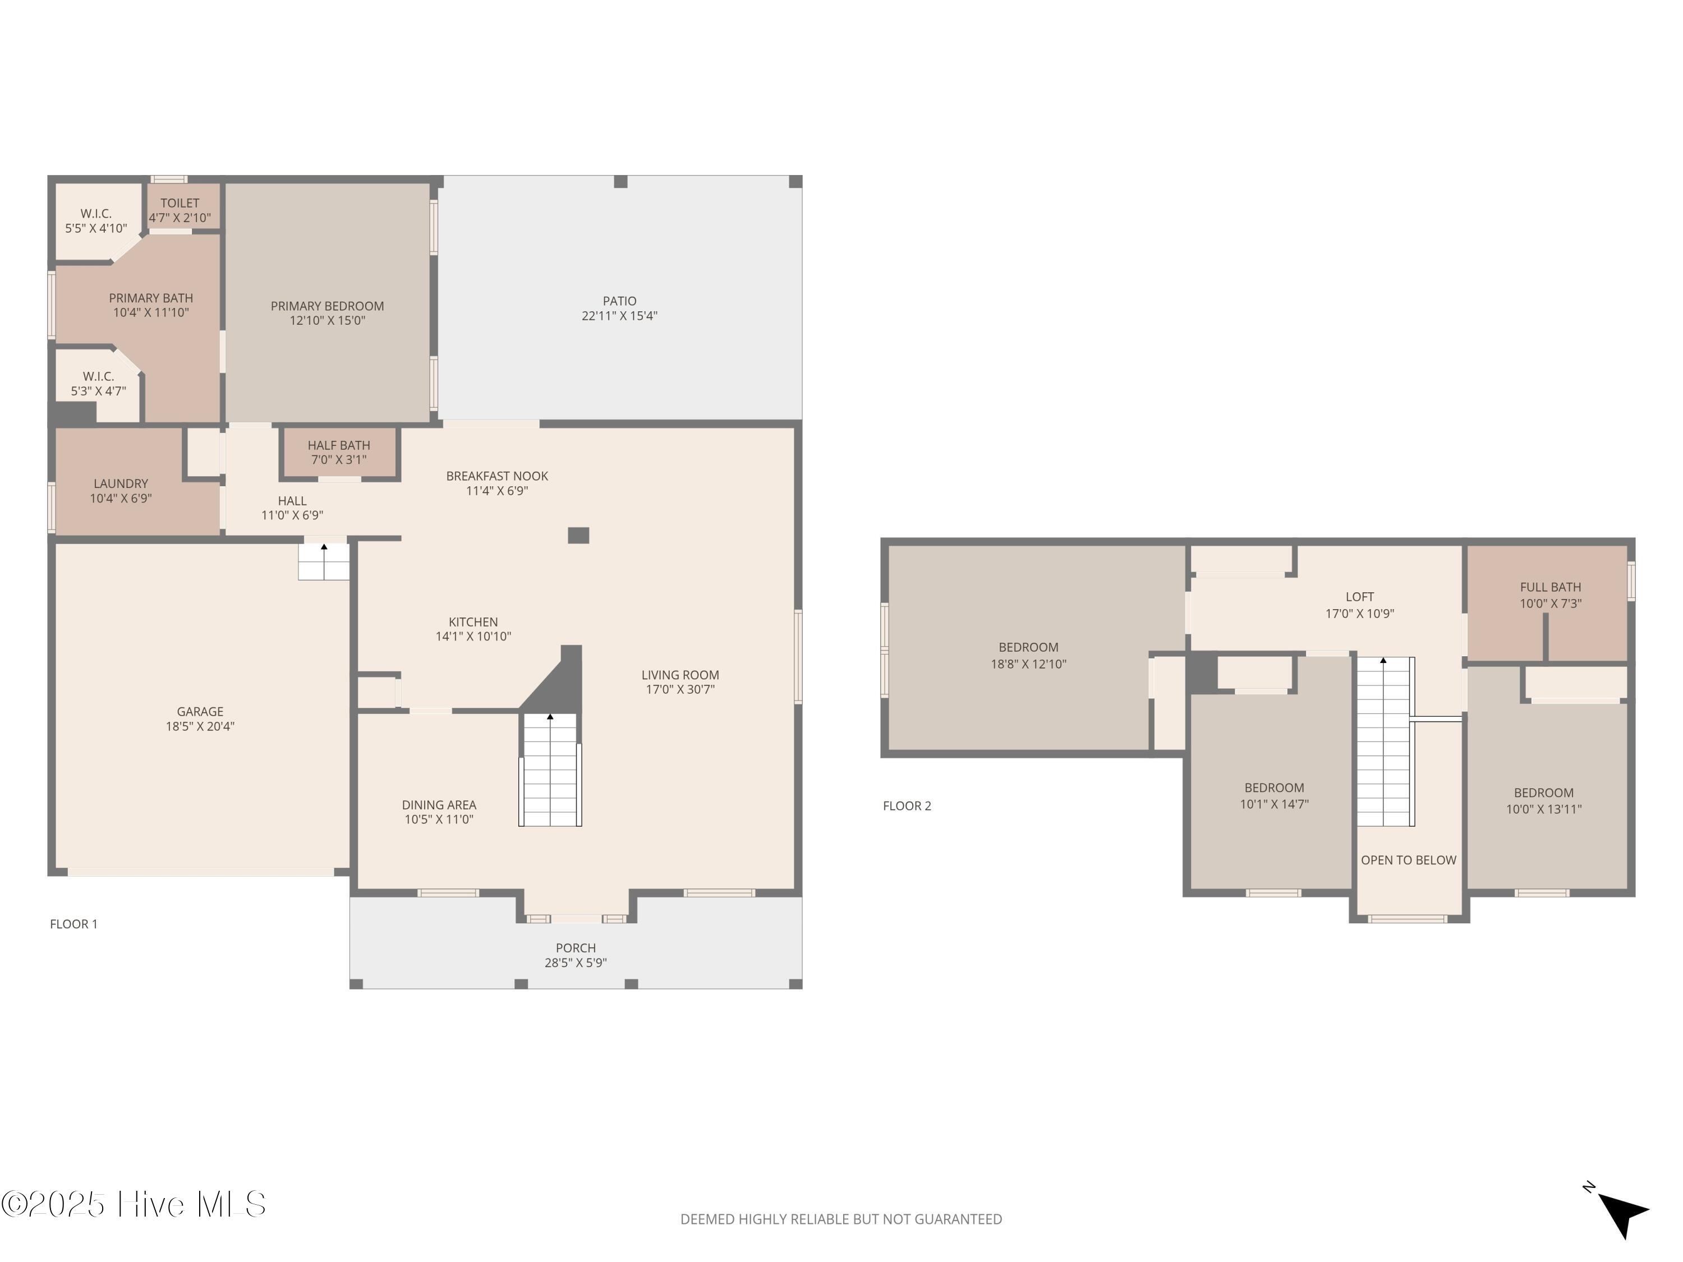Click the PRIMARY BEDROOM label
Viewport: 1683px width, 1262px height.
327,306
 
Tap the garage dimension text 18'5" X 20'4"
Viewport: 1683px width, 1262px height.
200,726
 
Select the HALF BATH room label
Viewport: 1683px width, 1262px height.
339,445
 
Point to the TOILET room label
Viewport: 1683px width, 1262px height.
180,203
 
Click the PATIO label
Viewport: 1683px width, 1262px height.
619,301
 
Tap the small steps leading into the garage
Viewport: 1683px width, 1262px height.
323,561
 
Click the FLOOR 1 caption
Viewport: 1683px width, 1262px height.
74,924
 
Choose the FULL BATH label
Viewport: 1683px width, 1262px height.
1551,587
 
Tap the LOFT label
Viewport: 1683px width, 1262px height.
1360,597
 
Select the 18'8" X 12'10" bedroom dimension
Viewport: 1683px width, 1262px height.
1029,664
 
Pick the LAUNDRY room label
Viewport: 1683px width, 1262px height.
121,484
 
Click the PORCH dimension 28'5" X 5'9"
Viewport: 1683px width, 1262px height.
576,963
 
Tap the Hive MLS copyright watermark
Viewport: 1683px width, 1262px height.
134,1204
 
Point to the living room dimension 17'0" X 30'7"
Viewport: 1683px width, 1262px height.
680,690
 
